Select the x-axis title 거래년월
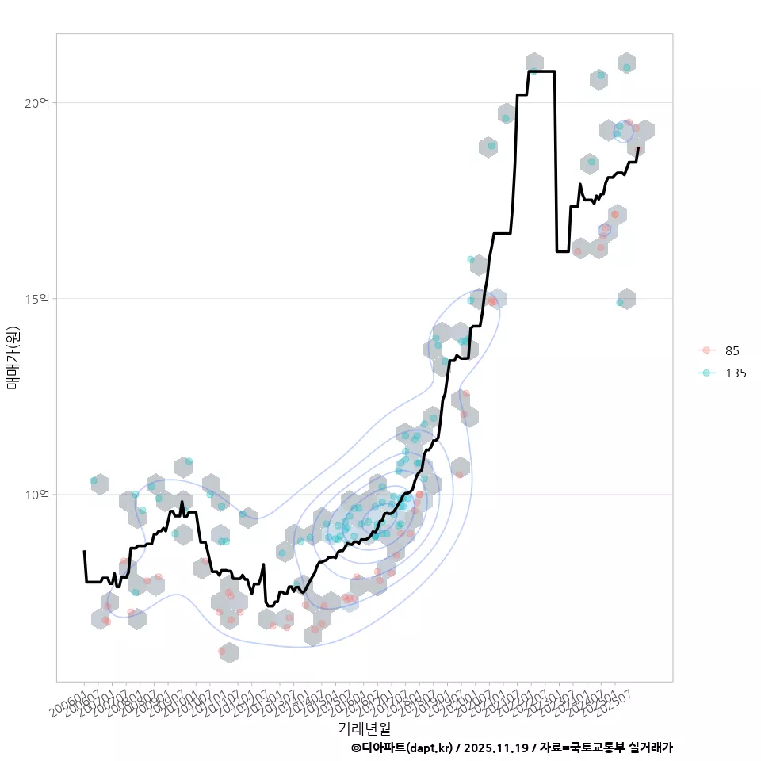pyautogui.click(x=364, y=727)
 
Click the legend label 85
pyautogui.click(x=732, y=350)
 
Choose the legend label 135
pyautogui.click(x=736, y=373)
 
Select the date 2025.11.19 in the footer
pyautogui.click(x=497, y=748)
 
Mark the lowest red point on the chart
pyautogui.click(x=223, y=651)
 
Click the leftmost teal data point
pyautogui.click(x=94, y=481)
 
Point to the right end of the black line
pyautogui.click(x=638, y=148)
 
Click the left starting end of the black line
pyautogui.click(x=84, y=551)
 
